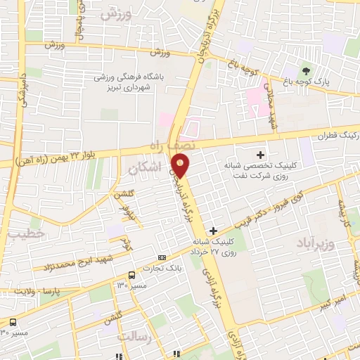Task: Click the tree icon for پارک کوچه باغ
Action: pyautogui.click(x=305, y=70)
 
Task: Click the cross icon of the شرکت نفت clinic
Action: pyautogui.click(x=260, y=154)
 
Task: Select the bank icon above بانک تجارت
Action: pyautogui.click(x=162, y=257)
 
